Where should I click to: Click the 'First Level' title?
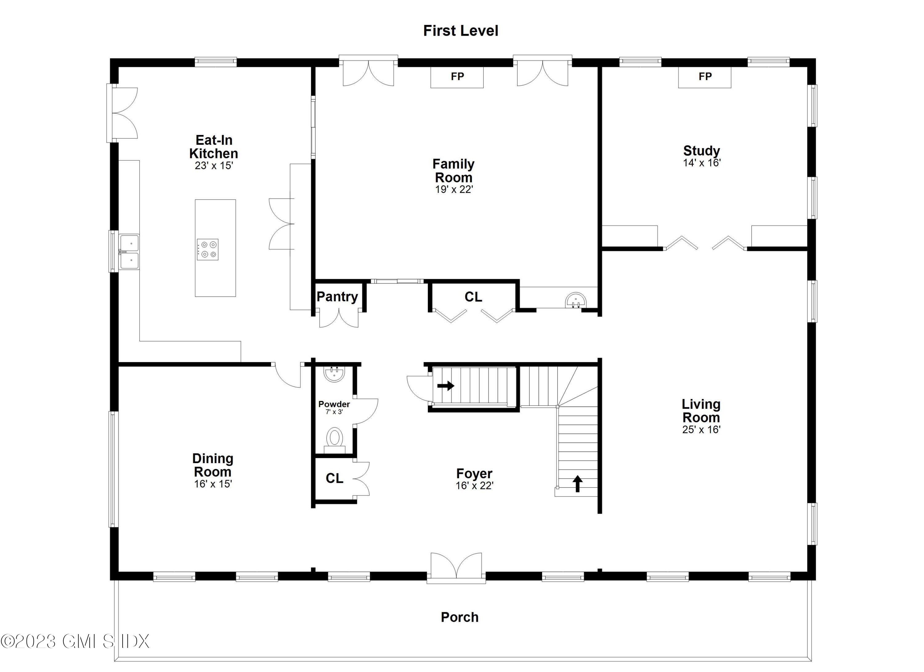(x=460, y=31)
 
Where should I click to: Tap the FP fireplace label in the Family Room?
(x=457, y=77)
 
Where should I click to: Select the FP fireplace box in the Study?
(x=704, y=77)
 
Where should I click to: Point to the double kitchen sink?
(x=129, y=252)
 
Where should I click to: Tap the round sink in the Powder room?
(x=334, y=374)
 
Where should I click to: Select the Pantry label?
(x=337, y=297)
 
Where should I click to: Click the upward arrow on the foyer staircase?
(x=577, y=483)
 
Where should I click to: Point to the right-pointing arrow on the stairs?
(x=446, y=385)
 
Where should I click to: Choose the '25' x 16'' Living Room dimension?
(x=701, y=430)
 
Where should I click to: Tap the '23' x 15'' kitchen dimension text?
(x=213, y=166)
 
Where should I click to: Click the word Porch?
(x=460, y=617)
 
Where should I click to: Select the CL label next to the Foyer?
(x=334, y=478)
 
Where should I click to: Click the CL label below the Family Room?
(x=473, y=297)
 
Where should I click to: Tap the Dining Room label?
(x=213, y=465)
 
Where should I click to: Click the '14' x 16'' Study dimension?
(x=702, y=163)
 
